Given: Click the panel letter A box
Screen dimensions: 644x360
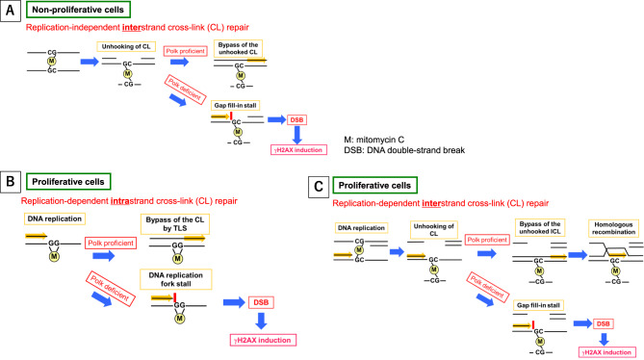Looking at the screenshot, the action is tap(11, 11).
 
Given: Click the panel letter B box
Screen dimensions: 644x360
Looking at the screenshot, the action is tap(11, 181).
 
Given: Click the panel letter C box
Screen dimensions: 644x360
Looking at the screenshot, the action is tap(319, 187).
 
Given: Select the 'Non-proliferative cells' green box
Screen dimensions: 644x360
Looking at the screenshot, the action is tap(78, 10).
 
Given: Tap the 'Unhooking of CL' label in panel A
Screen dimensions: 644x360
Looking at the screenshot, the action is tap(126, 46).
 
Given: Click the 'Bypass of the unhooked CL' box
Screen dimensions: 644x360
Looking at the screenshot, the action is tap(238, 48).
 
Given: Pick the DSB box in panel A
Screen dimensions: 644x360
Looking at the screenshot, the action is tap(296, 120).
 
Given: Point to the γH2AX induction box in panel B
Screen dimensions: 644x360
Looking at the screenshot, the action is tap(263, 340).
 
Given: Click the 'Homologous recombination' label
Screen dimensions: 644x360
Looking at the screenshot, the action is tap(613, 228).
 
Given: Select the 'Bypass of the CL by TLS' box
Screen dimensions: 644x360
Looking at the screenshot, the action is tap(175, 224).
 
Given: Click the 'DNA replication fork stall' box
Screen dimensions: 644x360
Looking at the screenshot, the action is tap(176, 279).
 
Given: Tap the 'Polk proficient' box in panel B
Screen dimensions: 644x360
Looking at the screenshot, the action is tap(111, 243).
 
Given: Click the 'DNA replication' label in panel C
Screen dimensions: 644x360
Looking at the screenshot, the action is tap(361, 228).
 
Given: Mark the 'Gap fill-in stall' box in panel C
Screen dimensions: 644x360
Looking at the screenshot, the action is tap(538, 305).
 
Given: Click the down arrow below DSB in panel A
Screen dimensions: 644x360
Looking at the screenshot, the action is tap(296, 135).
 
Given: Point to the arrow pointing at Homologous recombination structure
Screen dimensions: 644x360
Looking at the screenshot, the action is tap(578, 255).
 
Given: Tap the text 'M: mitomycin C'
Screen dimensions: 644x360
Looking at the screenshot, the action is tap(374, 140).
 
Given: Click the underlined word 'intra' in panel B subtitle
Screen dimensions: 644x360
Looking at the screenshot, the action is tap(120, 201).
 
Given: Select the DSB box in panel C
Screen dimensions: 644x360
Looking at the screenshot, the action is tap(603, 323).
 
